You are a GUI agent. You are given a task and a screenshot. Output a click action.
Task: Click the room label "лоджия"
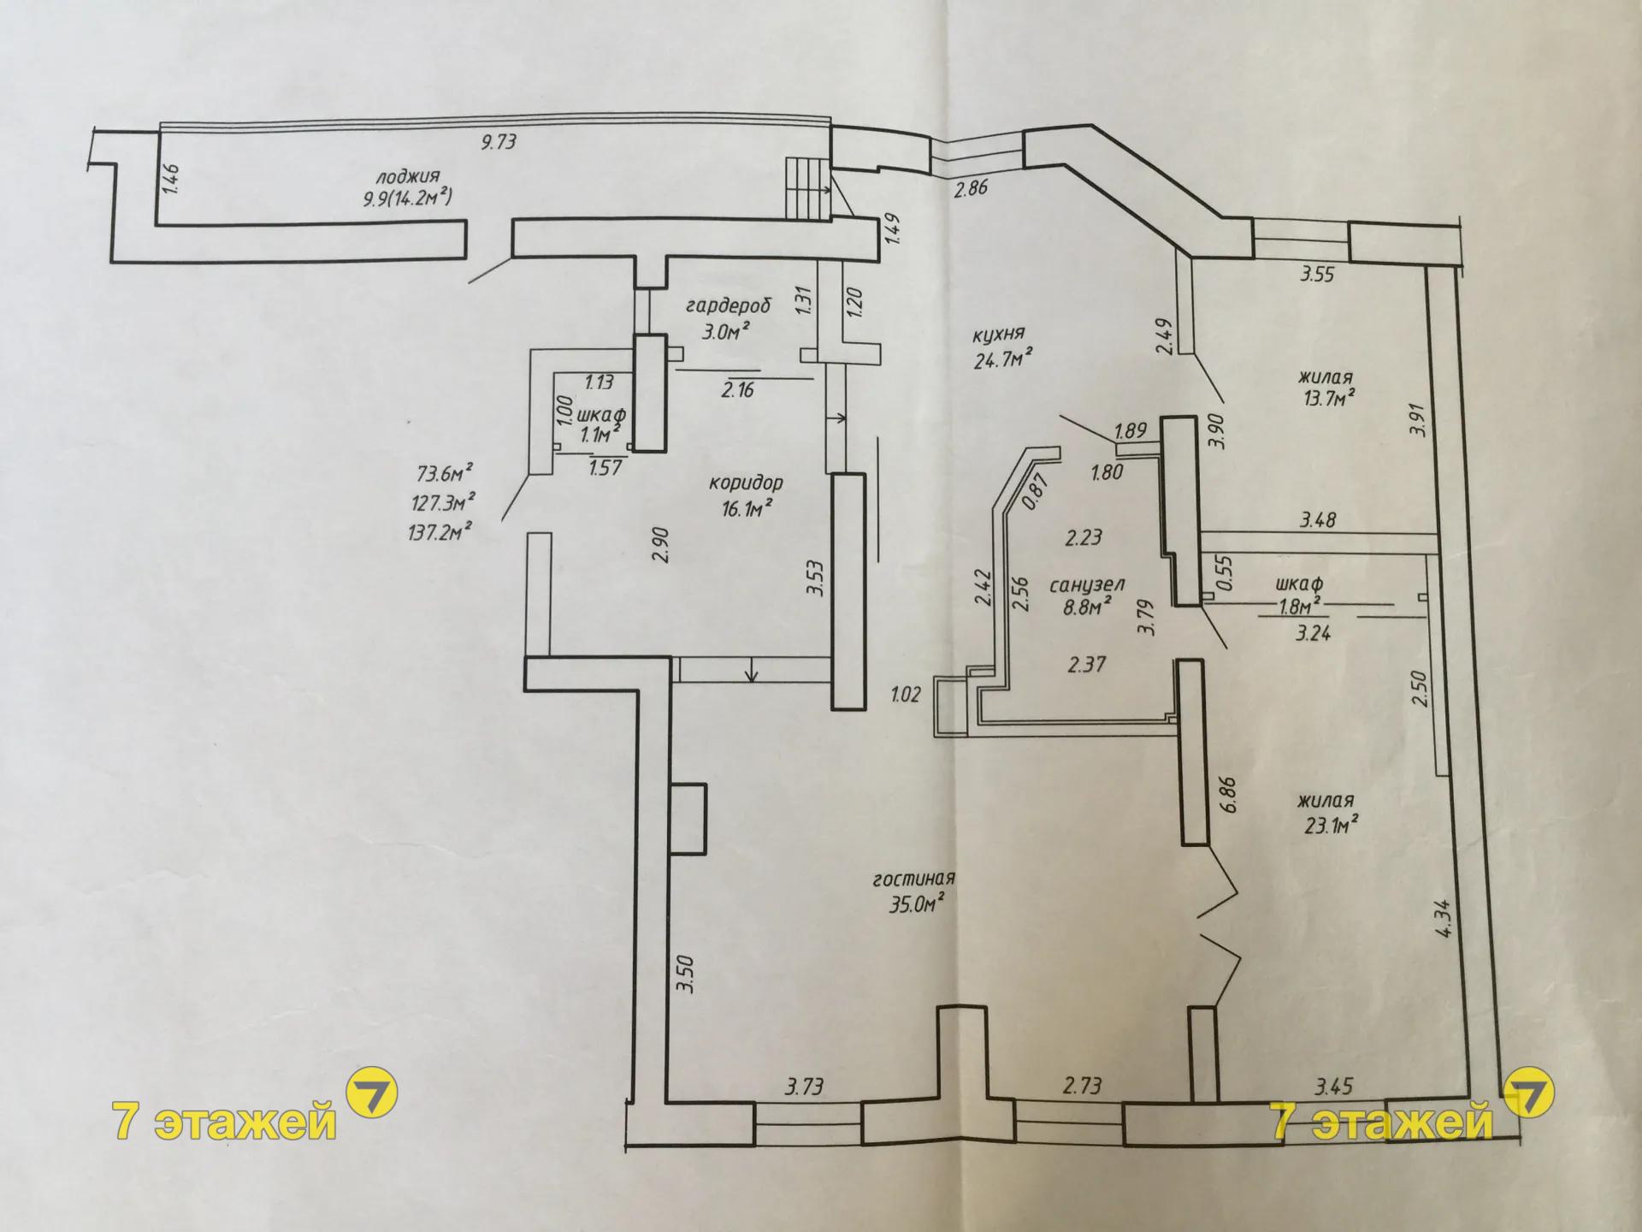point(407,178)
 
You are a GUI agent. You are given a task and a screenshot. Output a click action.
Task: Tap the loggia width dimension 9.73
point(498,141)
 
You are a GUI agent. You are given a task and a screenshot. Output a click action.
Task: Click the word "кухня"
point(998,335)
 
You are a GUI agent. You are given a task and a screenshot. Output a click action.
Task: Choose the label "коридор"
point(746,483)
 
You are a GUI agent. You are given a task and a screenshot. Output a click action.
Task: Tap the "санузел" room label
point(1087,585)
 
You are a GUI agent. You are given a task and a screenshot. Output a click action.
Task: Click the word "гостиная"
point(913,879)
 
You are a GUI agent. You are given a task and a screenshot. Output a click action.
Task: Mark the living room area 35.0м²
point(916,903)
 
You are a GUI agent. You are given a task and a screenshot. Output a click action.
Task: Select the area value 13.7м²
point(1326,398)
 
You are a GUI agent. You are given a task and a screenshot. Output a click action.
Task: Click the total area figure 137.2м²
point(441,532)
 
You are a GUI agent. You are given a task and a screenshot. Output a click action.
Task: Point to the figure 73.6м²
point(445,474)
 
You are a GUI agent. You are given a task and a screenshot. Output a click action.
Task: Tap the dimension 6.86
point(1230,795)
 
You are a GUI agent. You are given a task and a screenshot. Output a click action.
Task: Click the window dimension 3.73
point(804,1087)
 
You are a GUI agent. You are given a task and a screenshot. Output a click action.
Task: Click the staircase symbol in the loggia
point(808,187)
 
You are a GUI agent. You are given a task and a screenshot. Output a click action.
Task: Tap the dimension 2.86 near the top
point(971,188)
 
